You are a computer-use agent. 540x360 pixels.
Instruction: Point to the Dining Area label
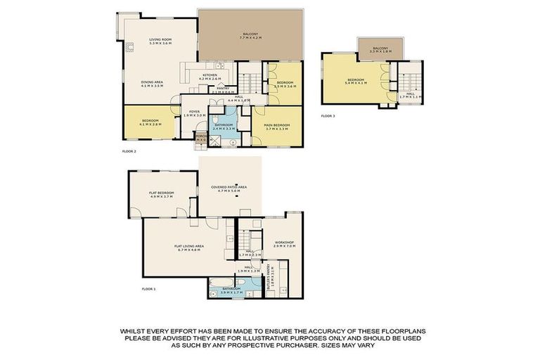pyautogui.click(x=151, y=84)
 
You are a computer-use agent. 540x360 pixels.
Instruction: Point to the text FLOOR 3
pyautogui.click(x=328, y=115)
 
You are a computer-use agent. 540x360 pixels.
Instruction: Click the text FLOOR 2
pyautogui.click(x=128, y=150)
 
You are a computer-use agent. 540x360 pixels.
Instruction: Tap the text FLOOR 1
pyautogui.click(x=148, y=289)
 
